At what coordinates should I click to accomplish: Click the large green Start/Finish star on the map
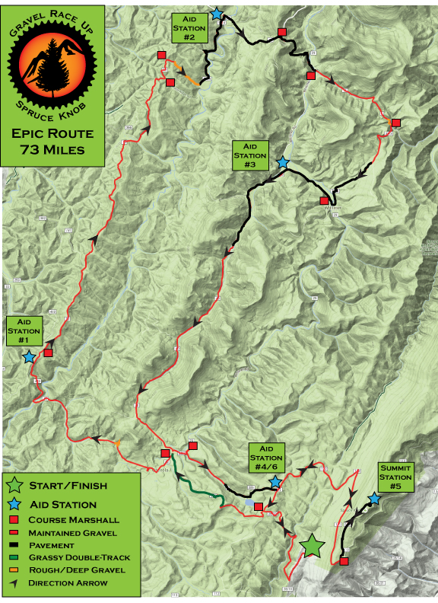coord(312,545)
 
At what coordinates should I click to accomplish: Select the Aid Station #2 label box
coord(189,27)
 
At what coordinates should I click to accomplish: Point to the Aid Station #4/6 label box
coord(266,458)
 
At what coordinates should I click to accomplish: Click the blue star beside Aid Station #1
coord(29,356)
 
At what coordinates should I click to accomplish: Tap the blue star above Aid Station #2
coord(217,14)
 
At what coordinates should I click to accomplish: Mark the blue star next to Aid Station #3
coord(283,162)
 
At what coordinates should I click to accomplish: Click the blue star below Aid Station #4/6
coord(275,483)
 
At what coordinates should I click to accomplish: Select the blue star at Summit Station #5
coord(374,499)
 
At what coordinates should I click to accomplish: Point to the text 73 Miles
coord(53,150)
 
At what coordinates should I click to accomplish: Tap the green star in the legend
coord(14,485)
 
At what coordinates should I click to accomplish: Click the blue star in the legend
coord(14,503)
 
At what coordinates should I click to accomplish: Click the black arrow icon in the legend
coord(14,583)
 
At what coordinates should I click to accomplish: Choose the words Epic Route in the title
coord(53,134)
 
